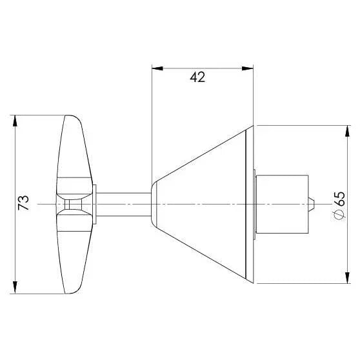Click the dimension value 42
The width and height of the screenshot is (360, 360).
pyautogui.click(x=198, y=77)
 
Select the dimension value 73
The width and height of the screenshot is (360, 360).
pyautogui.click(x=23, y=203)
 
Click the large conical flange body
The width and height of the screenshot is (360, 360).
pyautogui.click(x=206, y=204)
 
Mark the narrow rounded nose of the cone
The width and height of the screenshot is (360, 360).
pyautogui.click(x=153, y=204)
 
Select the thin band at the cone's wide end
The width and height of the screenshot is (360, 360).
pyautogui.click(x=250, y=204)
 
